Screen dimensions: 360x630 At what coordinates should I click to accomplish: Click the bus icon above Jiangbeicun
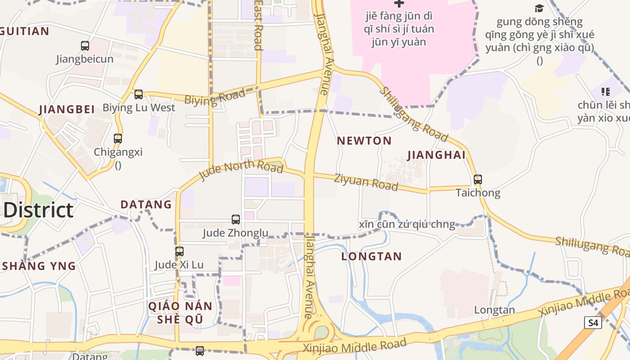click(x=85, y=45)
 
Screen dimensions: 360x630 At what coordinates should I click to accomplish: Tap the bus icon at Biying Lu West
click(x=139, y=94)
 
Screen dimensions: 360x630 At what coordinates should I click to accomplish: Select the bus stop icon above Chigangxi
click(x=118, y=139)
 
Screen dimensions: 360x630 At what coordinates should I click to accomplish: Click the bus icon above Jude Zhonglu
click(x=236, y=220)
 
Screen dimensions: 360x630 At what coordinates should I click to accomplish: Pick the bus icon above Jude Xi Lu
click(x=180, y=252)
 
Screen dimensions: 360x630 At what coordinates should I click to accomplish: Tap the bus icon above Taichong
click(x=478, y=180)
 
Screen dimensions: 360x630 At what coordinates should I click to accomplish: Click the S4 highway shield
click(x=593, y=322)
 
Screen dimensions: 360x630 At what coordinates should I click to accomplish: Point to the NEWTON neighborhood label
click(x=364, y=141)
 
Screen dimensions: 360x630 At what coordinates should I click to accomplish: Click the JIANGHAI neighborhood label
click(x=436, y=155)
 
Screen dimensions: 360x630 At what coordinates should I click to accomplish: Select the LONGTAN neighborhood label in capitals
click(x=371, y=256)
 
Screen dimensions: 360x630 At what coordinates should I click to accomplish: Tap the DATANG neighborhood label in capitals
click(x=146, y=205)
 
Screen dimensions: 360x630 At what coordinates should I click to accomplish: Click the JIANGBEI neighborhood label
click(x=67, y=109)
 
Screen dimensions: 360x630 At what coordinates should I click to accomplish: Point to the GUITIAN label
click(x=25, y=31)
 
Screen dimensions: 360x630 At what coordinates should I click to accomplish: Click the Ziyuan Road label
click(x=366, y=182)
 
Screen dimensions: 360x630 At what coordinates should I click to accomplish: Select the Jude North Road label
click(x=241, y=171)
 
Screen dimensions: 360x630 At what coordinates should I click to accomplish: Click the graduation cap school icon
click(x=539, y=8)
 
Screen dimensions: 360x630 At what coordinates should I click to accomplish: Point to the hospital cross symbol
click(x=399, y=4)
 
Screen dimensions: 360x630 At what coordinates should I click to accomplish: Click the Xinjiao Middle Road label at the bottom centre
click(x=355, y=346)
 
